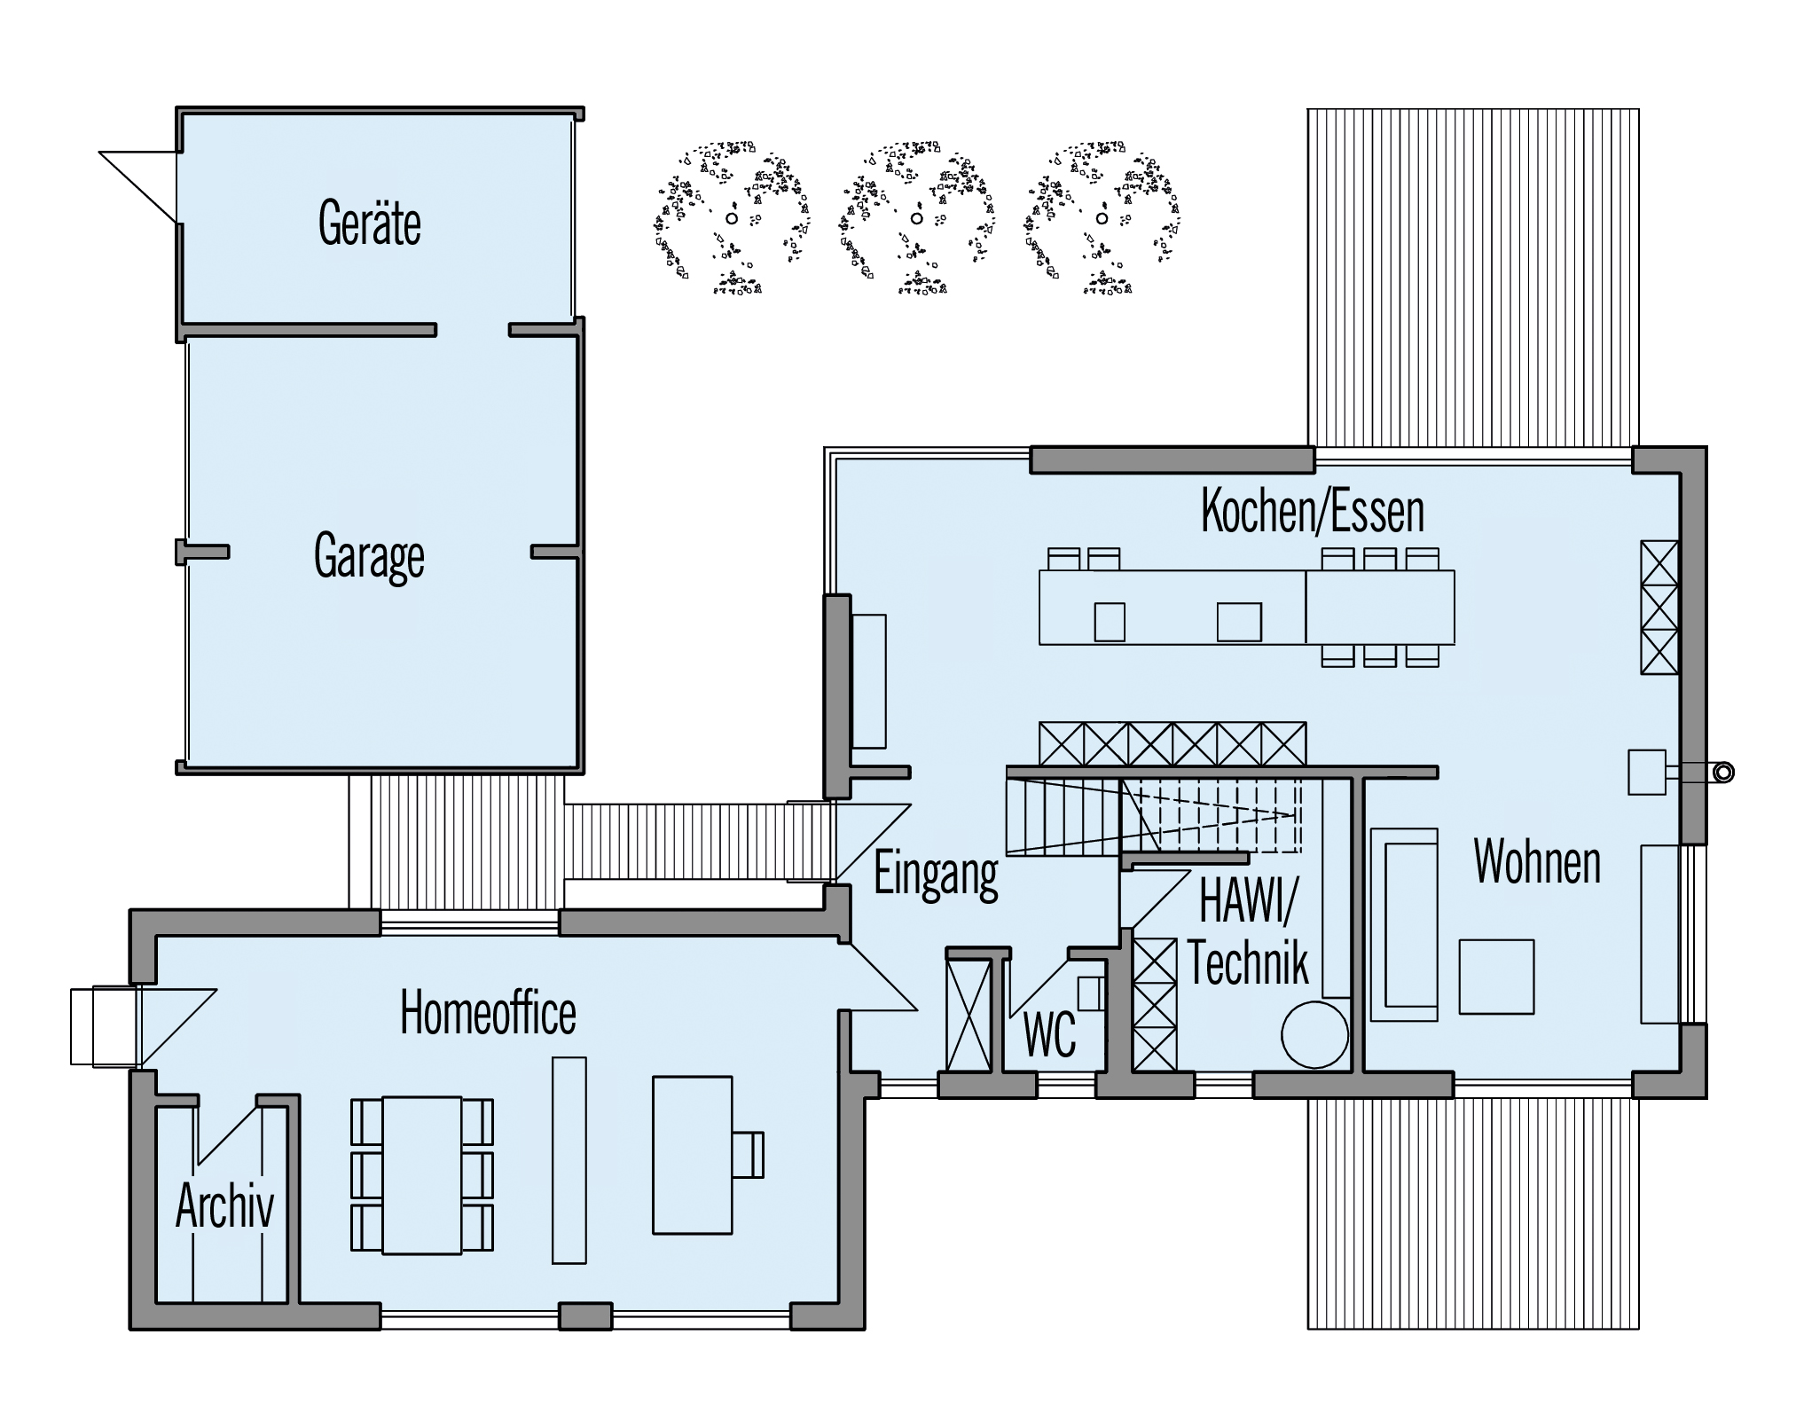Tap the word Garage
(x=369, y=557)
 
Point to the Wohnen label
(x=1537, y=861)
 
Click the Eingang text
(x=937, y=874)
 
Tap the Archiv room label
(x=224, y=1205)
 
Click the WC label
(x=1049, y=1034)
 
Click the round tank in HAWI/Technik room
(x=1314, y=1034)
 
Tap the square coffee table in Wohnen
(x=1496, y=976)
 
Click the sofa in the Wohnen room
(x=1404, y=924)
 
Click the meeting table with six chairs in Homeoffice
(x=422, y=1175)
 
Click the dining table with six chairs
(x=1380, y=607)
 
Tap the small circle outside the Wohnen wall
(x=1723, y=773)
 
